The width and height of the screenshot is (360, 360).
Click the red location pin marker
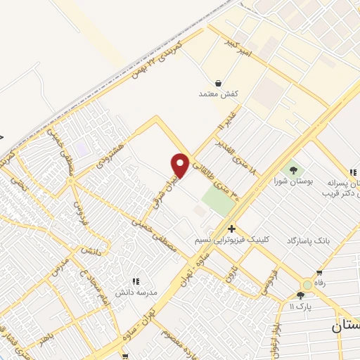181,165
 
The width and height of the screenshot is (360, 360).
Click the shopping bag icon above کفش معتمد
219,82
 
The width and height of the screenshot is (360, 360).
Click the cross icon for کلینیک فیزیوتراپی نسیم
231,229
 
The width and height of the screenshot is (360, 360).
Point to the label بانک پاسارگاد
306,241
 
